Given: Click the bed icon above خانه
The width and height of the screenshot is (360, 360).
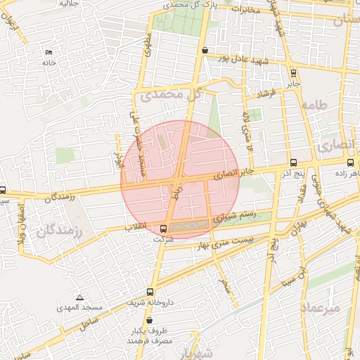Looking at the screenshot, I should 49,53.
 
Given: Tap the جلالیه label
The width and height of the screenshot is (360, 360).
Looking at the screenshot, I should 67,4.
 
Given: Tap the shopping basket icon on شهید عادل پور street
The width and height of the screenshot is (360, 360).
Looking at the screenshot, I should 205,51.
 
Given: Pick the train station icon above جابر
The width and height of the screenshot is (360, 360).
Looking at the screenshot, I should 292,72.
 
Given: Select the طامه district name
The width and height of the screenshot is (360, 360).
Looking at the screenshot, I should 314,105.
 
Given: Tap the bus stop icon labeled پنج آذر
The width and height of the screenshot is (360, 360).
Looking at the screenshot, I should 293,162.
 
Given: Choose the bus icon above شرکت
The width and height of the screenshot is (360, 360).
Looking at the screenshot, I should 164,229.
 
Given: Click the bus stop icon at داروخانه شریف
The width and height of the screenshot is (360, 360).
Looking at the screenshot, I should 150,292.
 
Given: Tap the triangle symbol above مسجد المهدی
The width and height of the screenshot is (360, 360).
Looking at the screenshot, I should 79,297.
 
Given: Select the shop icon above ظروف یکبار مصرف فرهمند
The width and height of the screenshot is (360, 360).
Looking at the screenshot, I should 149,320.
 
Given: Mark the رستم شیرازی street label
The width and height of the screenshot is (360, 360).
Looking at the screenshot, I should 231,217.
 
